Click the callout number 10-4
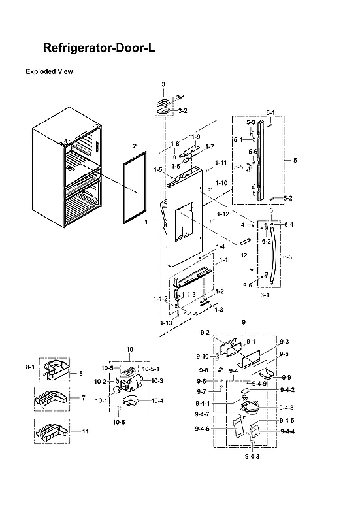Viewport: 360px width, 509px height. pos(157,400)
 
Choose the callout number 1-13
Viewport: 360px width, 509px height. pos(166,323)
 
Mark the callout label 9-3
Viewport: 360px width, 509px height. pos(284,342)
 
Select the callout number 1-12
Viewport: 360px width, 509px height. pos(223,214)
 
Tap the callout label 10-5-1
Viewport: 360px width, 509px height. pos(151,369)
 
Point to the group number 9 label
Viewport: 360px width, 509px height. pos(244,323)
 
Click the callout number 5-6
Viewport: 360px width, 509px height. pos(253,151)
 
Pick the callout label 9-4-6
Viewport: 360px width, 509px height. pos(202,429)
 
